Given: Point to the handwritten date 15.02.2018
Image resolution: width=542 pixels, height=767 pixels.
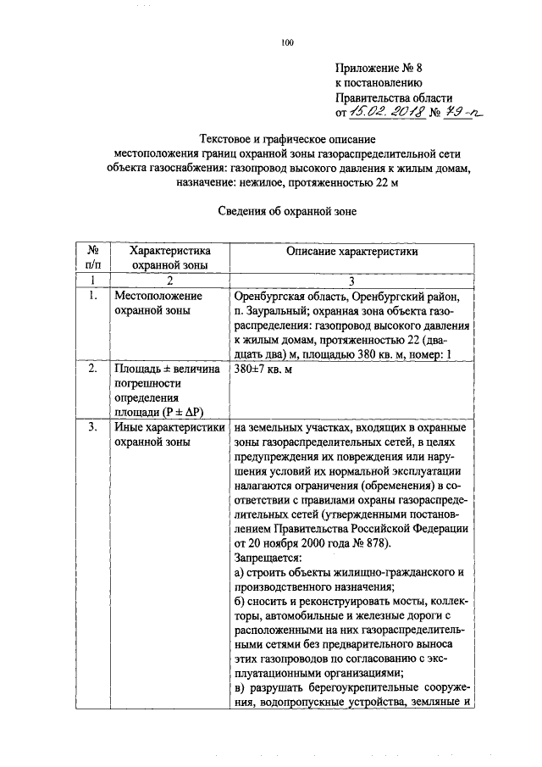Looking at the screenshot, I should (380, 111).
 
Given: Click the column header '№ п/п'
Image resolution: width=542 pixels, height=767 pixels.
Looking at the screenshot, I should (94, 258).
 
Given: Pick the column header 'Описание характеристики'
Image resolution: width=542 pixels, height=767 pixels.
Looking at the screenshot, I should (351, 251).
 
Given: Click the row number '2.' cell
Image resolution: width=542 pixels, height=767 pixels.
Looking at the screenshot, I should (94, 369).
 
